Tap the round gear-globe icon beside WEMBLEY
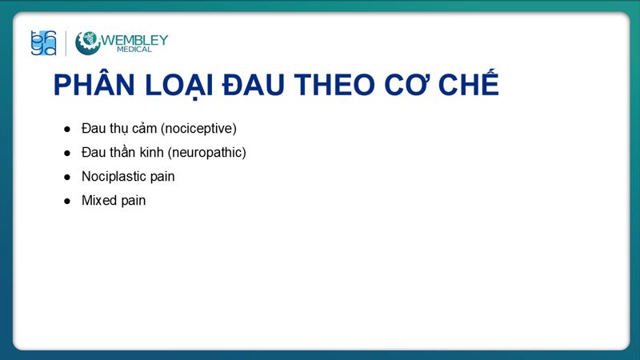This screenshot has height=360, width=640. (x=88, y=43)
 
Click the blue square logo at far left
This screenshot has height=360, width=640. (x=43, y=43)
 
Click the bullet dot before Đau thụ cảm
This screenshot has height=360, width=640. (x=67, y=129)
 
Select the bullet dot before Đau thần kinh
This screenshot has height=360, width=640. (x=67, y=153)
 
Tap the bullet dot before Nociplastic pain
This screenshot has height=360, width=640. (x=67, y=177)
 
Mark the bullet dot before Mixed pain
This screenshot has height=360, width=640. (x=67, y=201)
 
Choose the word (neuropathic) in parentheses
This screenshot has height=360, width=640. (x=206, y=152)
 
